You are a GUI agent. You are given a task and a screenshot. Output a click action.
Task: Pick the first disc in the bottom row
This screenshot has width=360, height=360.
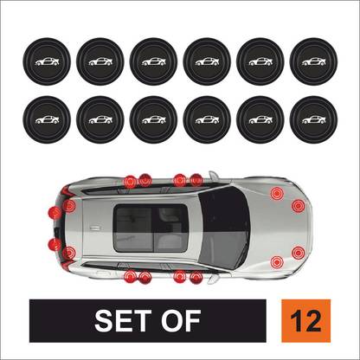click(x=43, y=118)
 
